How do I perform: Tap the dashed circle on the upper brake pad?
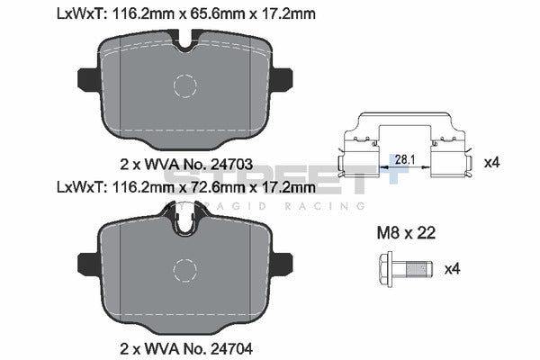click(x=184, y=86)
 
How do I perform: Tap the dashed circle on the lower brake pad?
click(x=184, y=269)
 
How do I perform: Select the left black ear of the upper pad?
click(x=88, y=80)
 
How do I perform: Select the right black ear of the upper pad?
click(x=282, y=80)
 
